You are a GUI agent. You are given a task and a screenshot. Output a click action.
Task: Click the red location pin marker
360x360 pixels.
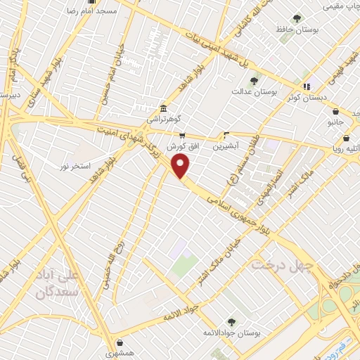coord(181,166)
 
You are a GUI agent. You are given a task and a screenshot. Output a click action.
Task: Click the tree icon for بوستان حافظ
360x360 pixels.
coord(296,18)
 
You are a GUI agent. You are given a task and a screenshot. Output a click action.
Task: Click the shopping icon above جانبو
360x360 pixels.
coord(336,111)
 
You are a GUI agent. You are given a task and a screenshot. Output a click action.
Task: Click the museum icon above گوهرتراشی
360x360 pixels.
coord(163,108)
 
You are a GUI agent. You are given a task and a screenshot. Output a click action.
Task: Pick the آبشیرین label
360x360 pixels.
coord(226,146)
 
